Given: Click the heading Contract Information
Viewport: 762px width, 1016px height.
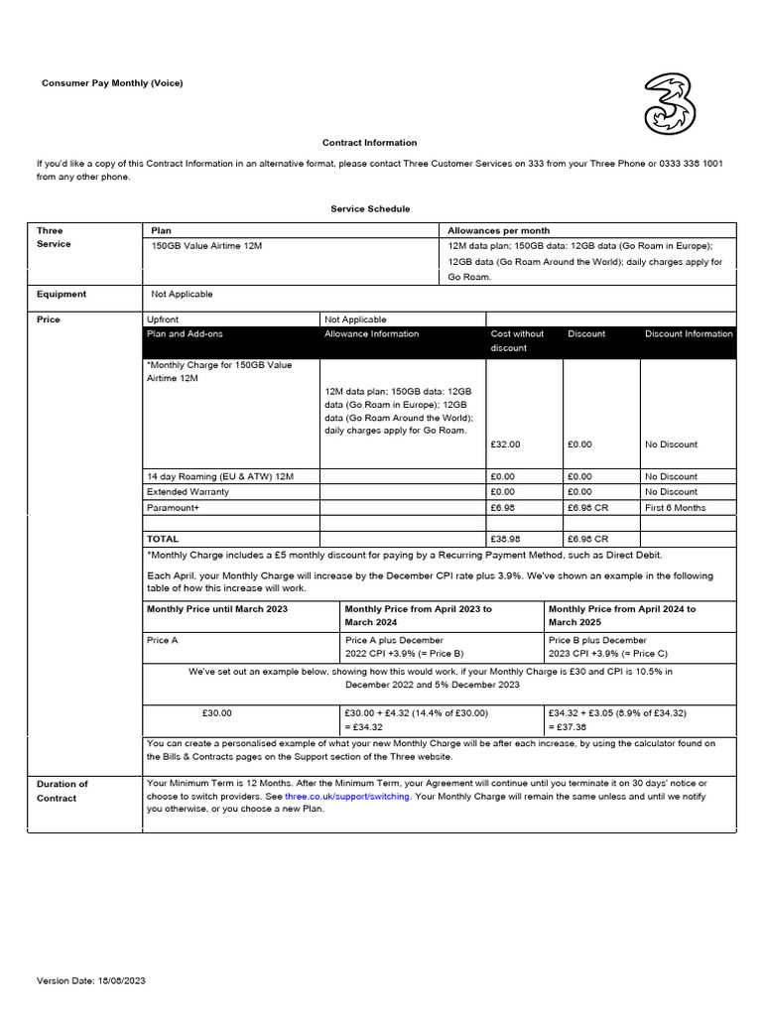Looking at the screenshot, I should (x=369, y=143).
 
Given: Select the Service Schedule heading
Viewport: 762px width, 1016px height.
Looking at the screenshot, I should (x=370, y=209).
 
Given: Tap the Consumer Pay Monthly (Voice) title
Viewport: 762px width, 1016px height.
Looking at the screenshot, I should (x=112, y=83).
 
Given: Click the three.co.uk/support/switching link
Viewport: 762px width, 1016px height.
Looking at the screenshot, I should (x=346, y=797).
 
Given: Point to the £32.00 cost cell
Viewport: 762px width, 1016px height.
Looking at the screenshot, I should (x=505, y=444).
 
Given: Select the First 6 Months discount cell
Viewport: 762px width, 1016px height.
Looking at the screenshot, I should (x=675, y=507).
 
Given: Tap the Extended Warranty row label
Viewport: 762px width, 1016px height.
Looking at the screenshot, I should (x=188, y=492).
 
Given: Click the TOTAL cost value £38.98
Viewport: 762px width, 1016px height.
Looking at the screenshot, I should (x=505, y=539).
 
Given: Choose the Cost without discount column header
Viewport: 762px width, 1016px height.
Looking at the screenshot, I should (x=518, y=340).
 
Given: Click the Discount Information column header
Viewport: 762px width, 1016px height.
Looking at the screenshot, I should (x=689, y=334).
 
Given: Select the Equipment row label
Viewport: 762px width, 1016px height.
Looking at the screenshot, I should (x=62, y=295).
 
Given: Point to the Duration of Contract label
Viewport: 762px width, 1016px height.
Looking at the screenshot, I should (x=63, y=791).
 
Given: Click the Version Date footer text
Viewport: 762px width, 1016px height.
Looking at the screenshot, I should (x=91, y=980).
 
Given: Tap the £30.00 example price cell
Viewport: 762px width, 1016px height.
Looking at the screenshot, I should (x=216, y=712).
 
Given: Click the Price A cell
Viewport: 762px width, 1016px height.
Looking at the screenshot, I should (x=163, y=641).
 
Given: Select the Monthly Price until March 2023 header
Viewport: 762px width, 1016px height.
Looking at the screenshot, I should (x=217, y=609).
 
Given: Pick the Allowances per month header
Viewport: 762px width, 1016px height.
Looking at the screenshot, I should (x=499, y=230).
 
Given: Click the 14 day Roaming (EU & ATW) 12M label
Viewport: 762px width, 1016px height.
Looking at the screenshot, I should (x=220, y=477).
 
